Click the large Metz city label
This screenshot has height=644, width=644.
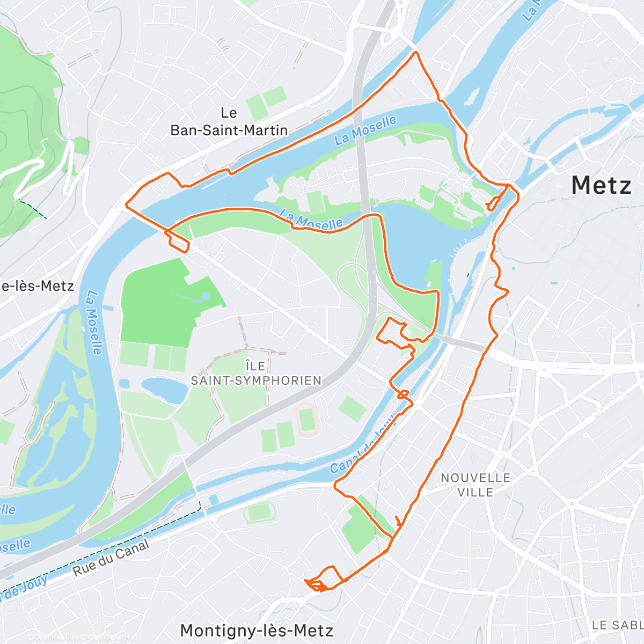[601, 186]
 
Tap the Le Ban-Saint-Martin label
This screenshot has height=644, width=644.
[229, 122]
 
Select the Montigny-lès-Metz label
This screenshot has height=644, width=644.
[257, 630]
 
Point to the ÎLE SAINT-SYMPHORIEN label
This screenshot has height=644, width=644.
[256, 374]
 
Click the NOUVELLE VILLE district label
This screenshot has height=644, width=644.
[475, 485]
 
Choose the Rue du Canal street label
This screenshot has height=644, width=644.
[111, 559]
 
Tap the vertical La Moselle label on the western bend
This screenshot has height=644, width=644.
[94, 323]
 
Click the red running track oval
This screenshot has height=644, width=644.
[306, 420]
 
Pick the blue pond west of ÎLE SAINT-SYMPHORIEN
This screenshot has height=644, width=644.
[164, 390]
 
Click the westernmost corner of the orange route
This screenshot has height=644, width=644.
[127, 204]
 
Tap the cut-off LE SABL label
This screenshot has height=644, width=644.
[617, 625]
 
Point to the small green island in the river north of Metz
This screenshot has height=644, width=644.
[471, 97]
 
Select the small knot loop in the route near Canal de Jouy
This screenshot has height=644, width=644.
[403, 394]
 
